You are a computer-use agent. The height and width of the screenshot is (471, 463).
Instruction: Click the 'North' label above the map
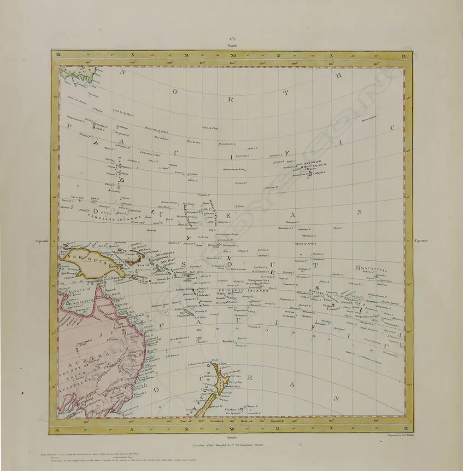point(231,46)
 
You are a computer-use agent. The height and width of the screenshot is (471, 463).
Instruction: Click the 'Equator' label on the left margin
point(42,241)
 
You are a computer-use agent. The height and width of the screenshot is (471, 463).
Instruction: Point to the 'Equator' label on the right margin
point(421,241)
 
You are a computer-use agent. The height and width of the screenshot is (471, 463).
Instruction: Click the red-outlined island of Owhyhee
point(310,174)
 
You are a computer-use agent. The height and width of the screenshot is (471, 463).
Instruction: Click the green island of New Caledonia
point(188,312)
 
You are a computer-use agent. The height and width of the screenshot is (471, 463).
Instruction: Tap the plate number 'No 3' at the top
point(231,40)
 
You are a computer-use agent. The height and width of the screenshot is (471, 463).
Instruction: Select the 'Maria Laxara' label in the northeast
point(369,120)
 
